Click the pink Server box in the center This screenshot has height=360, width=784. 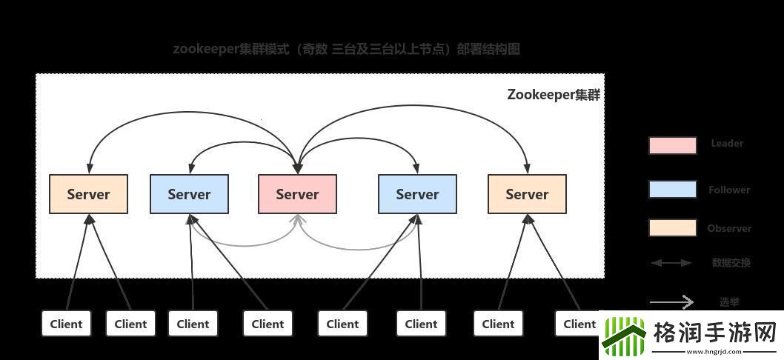point(297,194)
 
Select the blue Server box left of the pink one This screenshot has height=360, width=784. point(189,194)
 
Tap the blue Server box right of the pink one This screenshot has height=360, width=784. point(417,194)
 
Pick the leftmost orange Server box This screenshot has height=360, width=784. point(88,194)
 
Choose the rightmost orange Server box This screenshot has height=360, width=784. point(527,194)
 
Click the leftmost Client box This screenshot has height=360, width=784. point(66,324)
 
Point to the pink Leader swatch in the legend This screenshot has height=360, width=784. point(672,145)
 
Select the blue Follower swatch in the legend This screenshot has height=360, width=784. point(672,190)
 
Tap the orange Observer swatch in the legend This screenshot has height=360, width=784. point(672,228)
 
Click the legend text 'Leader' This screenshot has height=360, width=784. point(727,144)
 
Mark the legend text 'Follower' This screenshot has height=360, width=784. point(729,190)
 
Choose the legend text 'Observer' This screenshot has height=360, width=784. point(729,228)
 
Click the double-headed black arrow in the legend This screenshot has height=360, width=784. point(671,263)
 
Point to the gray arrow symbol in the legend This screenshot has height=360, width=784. point(671,301)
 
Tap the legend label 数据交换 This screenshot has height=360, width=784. point(731,263)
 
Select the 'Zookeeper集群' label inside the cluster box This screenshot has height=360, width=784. point(554,95)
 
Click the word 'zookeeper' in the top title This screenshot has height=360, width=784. point(205,49)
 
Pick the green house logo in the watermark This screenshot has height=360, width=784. point(625,336)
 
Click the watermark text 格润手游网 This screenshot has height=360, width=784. point(714,331)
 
